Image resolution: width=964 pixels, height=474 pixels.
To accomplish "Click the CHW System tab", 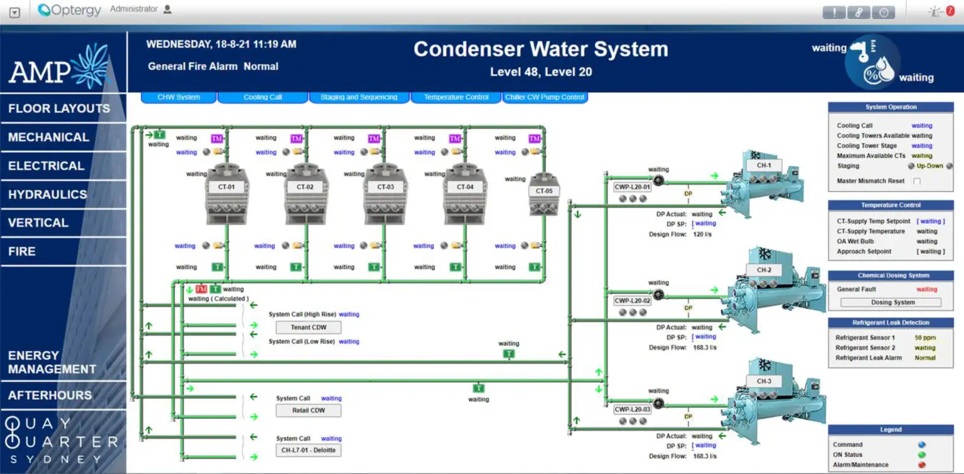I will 179,97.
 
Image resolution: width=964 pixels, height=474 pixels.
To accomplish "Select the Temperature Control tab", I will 456,97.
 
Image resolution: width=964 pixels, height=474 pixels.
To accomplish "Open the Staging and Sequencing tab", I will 359,97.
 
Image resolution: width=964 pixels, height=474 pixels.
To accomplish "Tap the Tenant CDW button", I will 309,327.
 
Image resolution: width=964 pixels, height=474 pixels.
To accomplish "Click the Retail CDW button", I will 309,411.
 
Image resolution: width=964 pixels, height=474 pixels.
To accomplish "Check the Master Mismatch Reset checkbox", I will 917,181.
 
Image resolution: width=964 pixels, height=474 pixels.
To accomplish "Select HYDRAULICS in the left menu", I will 48,195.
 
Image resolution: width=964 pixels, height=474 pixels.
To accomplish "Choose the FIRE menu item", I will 22,251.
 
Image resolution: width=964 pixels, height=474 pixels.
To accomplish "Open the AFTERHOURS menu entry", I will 50,396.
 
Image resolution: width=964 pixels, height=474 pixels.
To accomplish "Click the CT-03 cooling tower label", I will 385,187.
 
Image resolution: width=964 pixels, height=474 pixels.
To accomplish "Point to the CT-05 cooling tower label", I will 544,191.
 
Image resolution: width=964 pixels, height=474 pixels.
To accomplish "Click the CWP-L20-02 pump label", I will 633,301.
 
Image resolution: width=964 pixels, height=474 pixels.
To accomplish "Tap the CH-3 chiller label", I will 764,381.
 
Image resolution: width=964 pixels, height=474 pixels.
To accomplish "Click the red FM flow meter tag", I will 201,289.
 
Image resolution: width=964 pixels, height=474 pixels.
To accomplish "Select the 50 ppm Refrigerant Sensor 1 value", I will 924,338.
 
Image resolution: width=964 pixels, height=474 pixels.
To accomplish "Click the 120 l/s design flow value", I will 702,234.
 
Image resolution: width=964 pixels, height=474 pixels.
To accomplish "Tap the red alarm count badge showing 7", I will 950,11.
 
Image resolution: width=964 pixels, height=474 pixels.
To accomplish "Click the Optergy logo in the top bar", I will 70,10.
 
